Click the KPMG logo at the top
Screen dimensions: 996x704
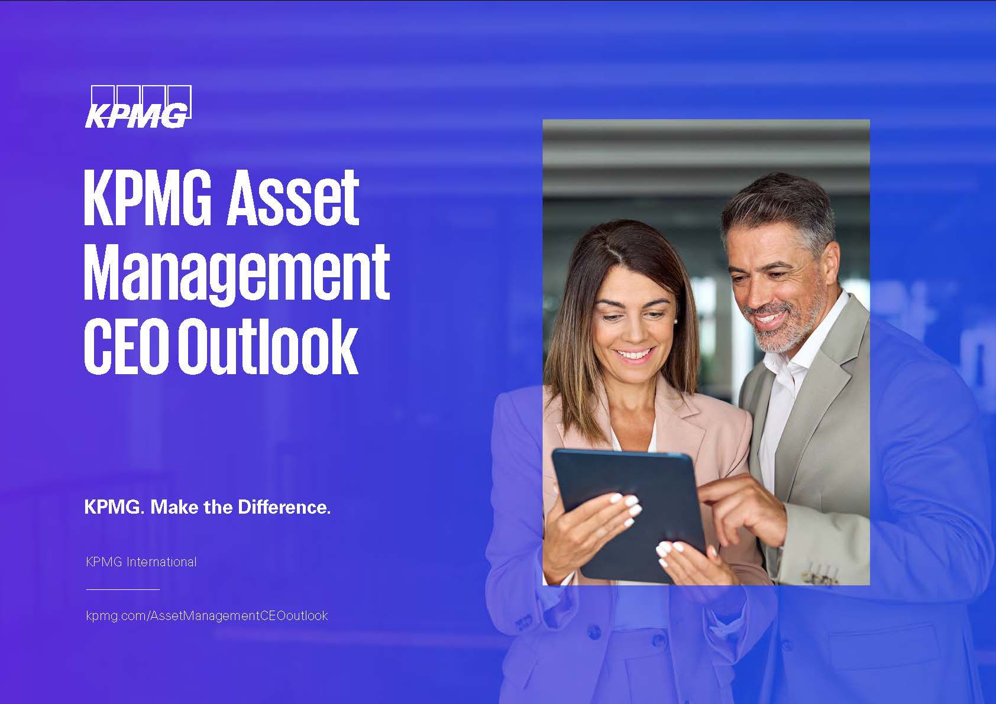(x=138, y=106)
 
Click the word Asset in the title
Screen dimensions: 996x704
(x=293, y=198)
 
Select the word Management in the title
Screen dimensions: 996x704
(x=237, y=274)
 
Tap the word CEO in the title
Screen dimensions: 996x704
(x=127, y=346)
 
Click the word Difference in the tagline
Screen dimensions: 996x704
(x=284, y=507)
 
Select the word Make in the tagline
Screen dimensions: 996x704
(x=174, y=507)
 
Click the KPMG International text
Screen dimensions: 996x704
(x=141, y=562)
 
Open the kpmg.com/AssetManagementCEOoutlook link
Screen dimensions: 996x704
(x=207, y=616)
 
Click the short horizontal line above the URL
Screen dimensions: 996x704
(x=122, y=589)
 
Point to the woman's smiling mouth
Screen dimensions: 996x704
(x=633, y=354)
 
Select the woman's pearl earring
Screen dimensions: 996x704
(x=675, y=320)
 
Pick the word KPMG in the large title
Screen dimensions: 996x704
(x=148, y=198)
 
